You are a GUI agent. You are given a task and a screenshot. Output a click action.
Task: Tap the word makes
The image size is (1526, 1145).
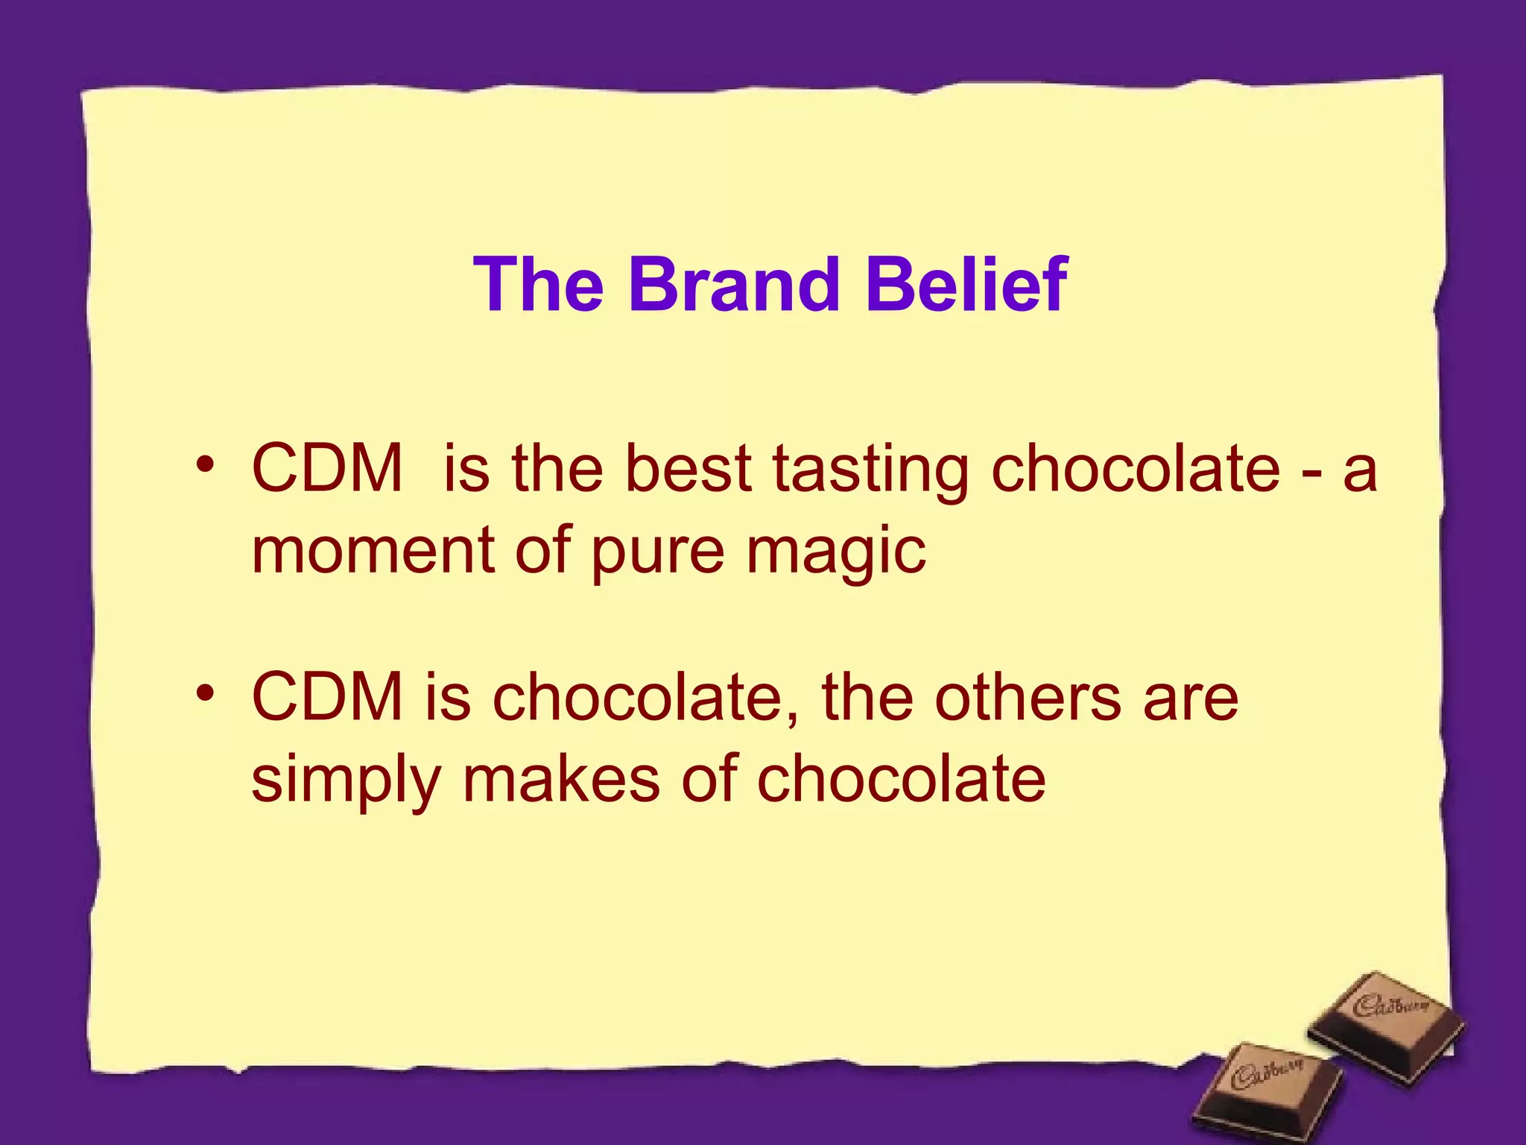point(561,778)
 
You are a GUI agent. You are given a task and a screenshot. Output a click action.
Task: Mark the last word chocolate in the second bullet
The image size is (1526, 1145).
point(901,778)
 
